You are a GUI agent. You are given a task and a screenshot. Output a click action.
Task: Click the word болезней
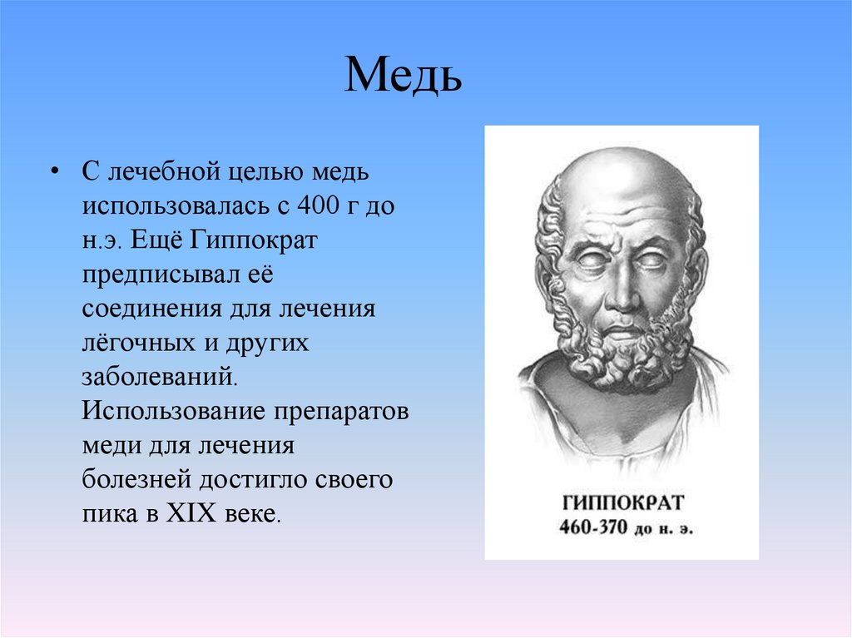coord(136,480)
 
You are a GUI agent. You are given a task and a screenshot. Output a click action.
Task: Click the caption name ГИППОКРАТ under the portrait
coord(622,502)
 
